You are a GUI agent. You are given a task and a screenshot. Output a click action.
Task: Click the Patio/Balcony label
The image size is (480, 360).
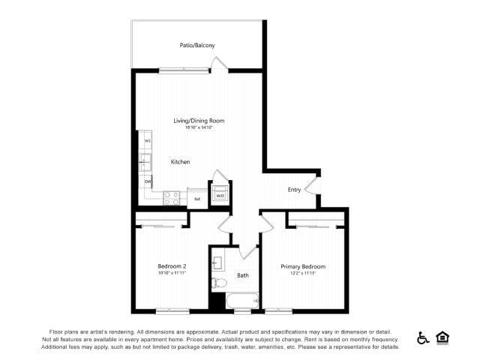pyautogui.click(x=197, y=46)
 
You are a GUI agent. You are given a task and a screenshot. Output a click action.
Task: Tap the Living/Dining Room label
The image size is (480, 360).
pyautogui.click(x=199, y=121)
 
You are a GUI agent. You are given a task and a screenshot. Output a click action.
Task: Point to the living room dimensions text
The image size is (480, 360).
pyautogui.click(x=199, y=127)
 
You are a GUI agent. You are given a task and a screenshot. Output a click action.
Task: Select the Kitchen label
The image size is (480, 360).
pyautogui.click(x=180, y=162)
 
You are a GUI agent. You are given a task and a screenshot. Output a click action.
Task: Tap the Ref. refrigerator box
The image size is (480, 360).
pyautogui.click(x=197, y=198)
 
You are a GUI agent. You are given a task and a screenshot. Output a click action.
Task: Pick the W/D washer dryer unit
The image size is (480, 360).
pyautogui.click(x=220, y=196)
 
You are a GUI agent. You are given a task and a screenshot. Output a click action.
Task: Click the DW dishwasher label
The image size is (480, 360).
pyautogui.click(x=148, y=181)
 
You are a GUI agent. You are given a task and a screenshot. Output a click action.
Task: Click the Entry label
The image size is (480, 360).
pyautogui.click(x=294, y=190)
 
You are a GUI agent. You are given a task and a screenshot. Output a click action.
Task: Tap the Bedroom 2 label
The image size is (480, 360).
pyautogui.click(x=172, y=266)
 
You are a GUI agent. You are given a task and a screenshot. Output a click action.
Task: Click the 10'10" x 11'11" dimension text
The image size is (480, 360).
pyautogui.click(x=172, y=273)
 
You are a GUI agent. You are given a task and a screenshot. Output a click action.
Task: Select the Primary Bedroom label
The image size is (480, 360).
pyautogui.click(x=303, y=266)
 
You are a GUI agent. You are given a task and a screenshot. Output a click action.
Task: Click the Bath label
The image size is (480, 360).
pyautogui.click(x=243, y=275)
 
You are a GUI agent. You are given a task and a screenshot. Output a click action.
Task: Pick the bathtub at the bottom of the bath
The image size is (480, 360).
pyautogui.click(x=242, y=303)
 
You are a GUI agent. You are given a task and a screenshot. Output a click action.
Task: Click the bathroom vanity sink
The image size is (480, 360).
pyautogui.click(x=217, y=262)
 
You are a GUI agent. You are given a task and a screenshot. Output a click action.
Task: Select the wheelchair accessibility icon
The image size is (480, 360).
pyautogui.click(x=423, y=338)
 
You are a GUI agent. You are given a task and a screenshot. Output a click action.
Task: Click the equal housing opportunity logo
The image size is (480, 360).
pyautogui.click(x=442, y=338)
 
